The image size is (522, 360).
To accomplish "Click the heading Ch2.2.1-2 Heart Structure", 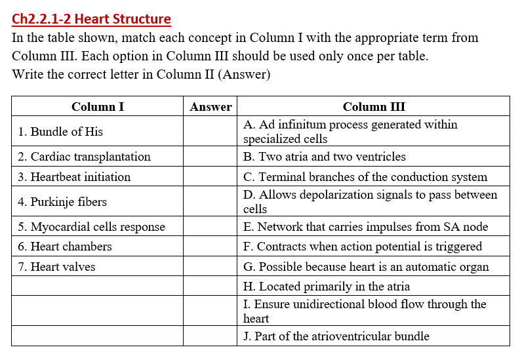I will coord(91,19).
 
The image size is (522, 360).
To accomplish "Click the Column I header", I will coord(98,107).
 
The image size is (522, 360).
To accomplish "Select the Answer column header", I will coord(211,107).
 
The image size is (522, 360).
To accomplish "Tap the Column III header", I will coord(374,107).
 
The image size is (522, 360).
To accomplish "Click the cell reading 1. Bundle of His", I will coord(60,132).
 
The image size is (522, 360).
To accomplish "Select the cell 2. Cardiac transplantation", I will coord(84,157).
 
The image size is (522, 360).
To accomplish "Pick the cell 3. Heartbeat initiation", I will coord(74,177).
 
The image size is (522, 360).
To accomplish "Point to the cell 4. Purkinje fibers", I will coord(62,202).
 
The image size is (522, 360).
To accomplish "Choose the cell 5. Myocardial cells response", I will coord(91,227).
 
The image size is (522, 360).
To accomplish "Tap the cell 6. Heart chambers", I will coord(65,247).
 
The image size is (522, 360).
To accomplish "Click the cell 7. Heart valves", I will coord(56,267).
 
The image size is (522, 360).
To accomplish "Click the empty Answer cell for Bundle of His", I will coord(211,132).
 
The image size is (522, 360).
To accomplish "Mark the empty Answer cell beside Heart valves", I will coord(211,267).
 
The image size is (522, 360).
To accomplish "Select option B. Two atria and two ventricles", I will coord(325,157).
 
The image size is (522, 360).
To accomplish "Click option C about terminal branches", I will coord(365,177).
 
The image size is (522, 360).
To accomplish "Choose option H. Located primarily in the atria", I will coord(327,287).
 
